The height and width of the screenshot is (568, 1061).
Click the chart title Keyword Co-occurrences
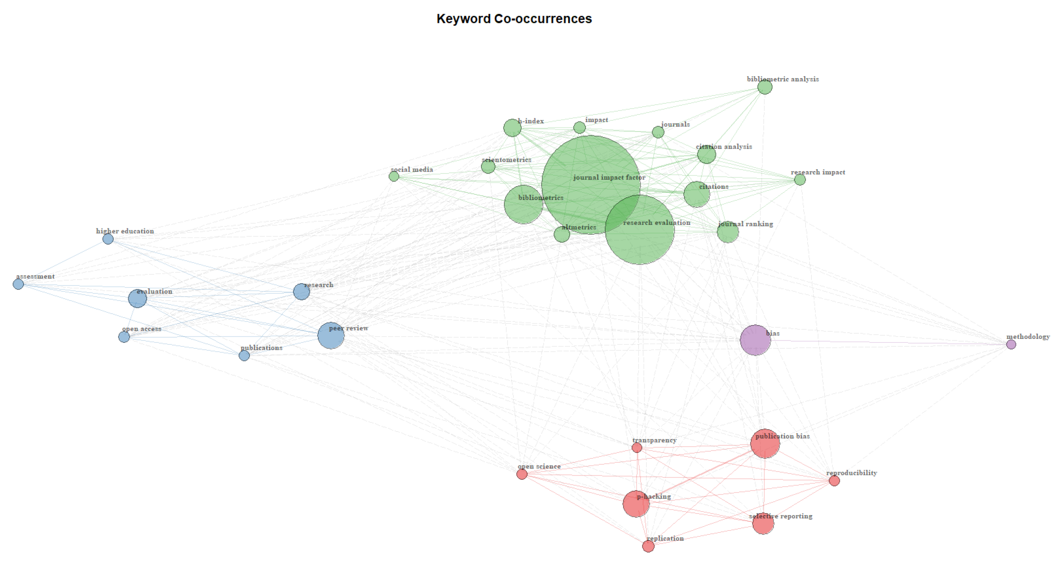[514, 19]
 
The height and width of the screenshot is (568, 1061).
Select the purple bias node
[755, 340]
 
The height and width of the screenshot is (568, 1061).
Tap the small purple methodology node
[1011, 344]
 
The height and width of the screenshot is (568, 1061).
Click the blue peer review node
[331, 336]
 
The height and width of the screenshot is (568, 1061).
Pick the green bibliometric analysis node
[765, 87]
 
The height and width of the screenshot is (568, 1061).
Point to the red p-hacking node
[636, 504]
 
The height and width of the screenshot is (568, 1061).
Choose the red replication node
[648, 546]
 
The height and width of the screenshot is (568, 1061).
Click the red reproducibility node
[834, 480]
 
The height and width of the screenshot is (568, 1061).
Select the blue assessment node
[18, 284]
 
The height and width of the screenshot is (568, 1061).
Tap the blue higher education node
[108, 239]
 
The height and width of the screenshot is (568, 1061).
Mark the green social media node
[394, 176]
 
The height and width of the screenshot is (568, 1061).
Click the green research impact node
[800, 180]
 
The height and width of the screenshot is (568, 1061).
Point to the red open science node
[522, 474]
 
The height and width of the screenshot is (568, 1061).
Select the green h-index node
[512, 128]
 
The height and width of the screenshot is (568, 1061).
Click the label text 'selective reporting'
[781, 516]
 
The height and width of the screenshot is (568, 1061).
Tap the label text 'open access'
[142, 329]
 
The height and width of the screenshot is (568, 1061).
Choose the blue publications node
[244, 355]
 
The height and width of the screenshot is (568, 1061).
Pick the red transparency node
[637, 448]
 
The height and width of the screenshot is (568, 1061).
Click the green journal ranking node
[728, 232]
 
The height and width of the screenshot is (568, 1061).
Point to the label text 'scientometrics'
[506, 160]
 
